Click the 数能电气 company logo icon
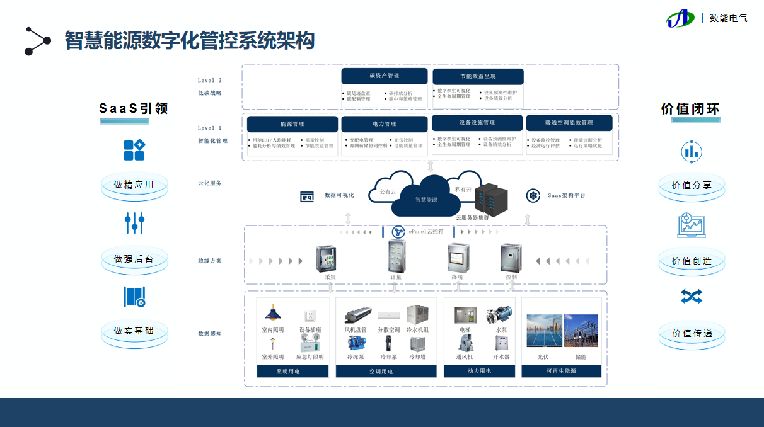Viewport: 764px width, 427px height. pos(681,18)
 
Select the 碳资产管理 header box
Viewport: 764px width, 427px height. pos(384,76)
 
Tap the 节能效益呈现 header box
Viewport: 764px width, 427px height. pos(478,76)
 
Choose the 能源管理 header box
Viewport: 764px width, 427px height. pos(292,124)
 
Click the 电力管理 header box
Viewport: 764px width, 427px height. pos(384,124)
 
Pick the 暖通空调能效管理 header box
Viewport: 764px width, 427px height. pos(569,123)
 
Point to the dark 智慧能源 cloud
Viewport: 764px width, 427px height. pos(426,198)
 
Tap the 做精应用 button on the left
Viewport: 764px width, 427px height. pos(134,185)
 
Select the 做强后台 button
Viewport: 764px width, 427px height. pos(134,259)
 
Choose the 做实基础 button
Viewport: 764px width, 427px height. pos(134,331)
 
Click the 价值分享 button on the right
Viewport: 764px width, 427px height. pos(692,186)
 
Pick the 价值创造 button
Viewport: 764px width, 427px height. pos(692,261)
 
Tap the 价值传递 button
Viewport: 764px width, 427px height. pos(692,333)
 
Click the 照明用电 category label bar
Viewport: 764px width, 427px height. pos(292,372)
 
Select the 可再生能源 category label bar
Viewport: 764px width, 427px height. pos(561,372)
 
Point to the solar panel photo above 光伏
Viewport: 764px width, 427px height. pos(544,330)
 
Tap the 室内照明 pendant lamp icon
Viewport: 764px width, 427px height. pos(272,313)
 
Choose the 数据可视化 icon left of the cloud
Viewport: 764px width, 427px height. pos(307,196)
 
